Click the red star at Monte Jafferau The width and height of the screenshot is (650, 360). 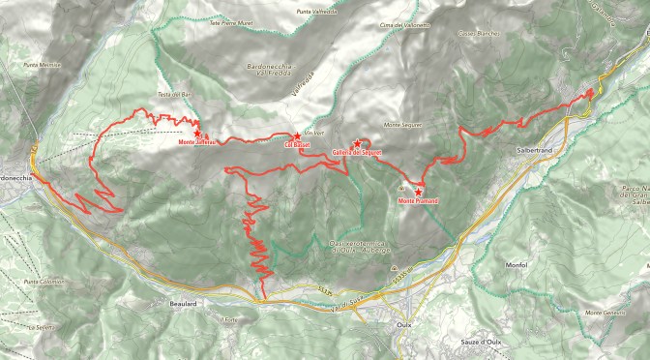197,133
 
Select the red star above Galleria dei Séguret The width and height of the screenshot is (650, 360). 358,143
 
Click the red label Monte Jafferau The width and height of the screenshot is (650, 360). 198,142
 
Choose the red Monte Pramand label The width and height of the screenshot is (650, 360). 418,200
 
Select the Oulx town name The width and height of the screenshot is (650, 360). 405,326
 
